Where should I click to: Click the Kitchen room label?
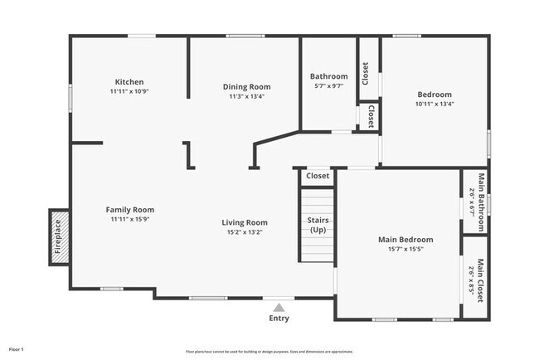(x=129, y=81)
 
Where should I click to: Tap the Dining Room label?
(x=246, y=86)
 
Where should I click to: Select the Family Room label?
(x=129, y=210)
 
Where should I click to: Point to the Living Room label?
(x=245, y=222)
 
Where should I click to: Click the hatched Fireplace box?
(x=58, y=236)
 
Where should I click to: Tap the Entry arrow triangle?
(x=279, y=307)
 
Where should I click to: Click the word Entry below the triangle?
(x=279, y=319)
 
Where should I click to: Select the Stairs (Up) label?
(x=318, y=225)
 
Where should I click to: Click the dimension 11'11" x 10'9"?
(x=129, y=91)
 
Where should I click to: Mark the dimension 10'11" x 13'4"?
(x=435, y=105)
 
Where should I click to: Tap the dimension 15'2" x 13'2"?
(x=245, y=232)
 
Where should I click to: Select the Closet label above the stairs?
(x=318, y=176)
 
